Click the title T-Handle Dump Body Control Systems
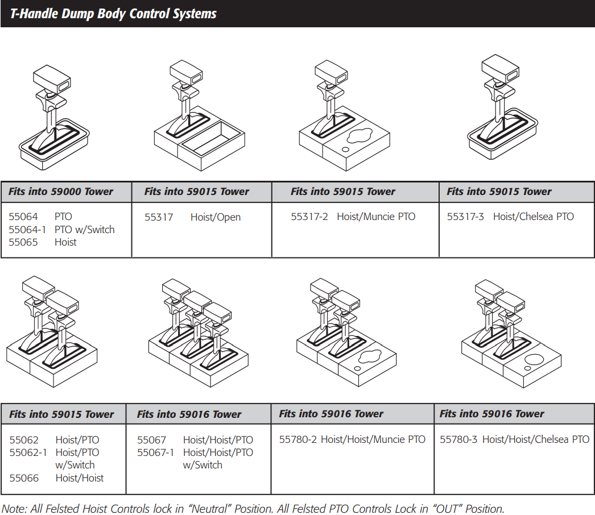[x=113, y=14]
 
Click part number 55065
[x=23, y=242]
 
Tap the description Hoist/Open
[x=215, y=217]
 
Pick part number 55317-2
[x=309, y=217]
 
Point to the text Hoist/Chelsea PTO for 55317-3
[x=533, y=217]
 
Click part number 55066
[x=24, y=478]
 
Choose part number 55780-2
[x=298, y=439]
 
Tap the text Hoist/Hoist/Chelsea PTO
[x=535, y=439]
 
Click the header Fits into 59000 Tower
[x=61, y=192]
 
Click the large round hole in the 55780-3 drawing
[x=535, y=360]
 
